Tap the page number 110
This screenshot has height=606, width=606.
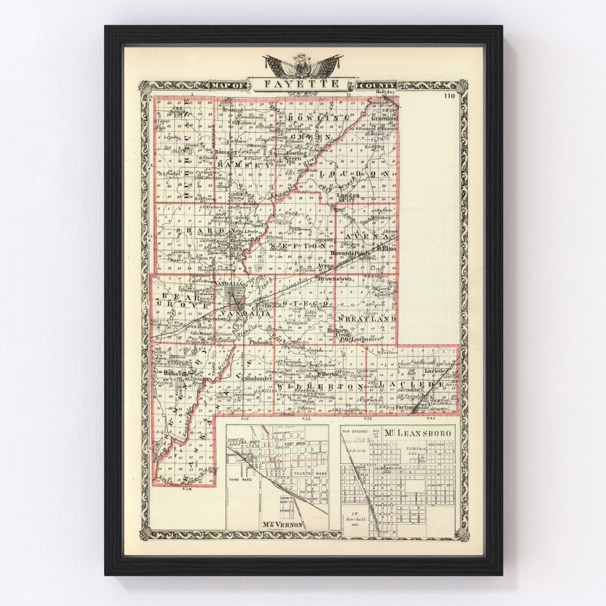tap(449, 96)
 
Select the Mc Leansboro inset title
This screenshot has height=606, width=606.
tap(418, 433)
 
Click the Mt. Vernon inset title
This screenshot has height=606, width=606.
tap(282, 525)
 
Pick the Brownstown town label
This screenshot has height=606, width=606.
tap(334, 278)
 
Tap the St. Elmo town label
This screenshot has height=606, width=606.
tap(387, 247)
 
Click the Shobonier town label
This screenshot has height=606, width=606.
tap(258, 378)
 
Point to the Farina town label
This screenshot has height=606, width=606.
tap(404, 407)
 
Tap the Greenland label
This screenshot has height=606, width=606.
tap(385, 118)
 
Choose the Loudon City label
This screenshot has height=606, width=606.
tap(348, 198)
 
